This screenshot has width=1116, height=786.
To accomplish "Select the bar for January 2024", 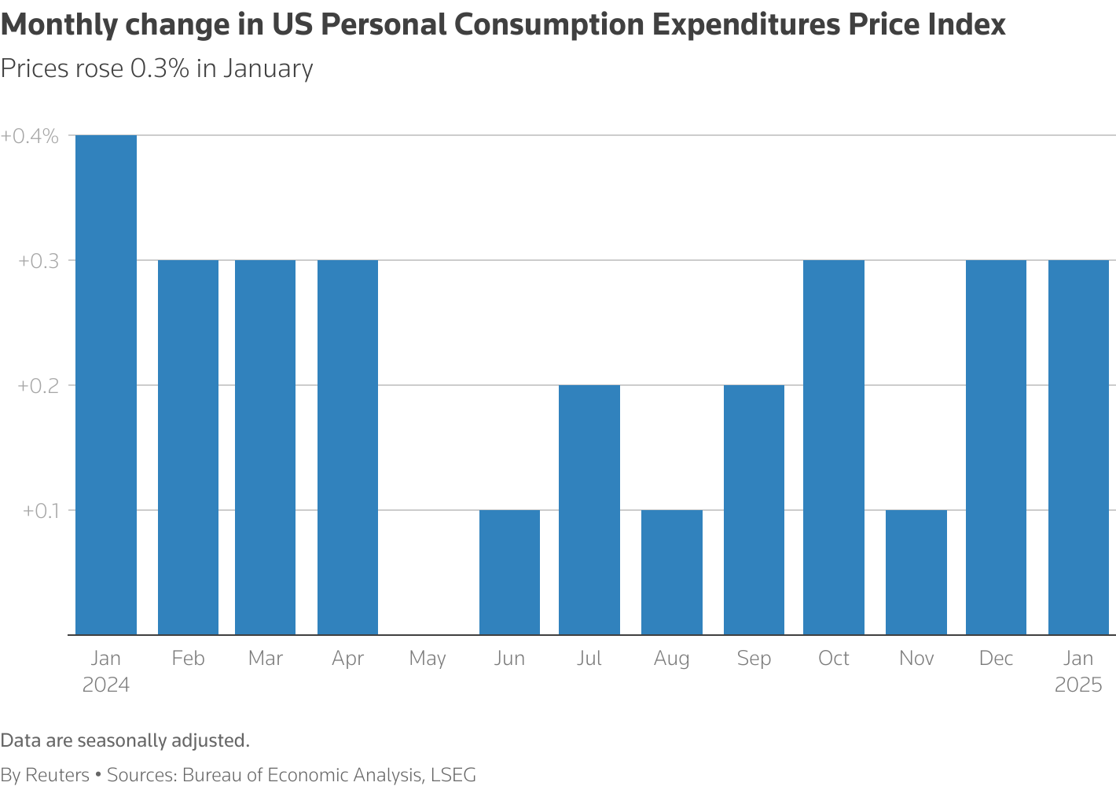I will coord(106,385).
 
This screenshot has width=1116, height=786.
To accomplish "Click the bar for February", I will coord(189,447).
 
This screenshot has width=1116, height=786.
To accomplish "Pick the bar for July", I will coord(589,510).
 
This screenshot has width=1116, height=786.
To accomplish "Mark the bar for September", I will coord(754,510).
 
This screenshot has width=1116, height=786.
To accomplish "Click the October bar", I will coord(834,447).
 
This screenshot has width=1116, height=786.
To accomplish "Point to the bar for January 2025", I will coord(1079,447).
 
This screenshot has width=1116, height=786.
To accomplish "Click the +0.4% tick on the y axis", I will coord(30,136).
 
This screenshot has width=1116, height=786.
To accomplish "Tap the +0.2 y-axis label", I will coord(39,386).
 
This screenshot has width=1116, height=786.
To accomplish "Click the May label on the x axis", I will coord(428,659).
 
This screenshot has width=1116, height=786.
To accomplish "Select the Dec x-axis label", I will coord(996,658).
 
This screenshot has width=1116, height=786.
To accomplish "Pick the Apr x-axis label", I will coord(347,659).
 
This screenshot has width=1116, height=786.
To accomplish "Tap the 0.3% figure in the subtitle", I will coord(160,68).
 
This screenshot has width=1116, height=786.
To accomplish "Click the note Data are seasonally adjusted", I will coord(125,740).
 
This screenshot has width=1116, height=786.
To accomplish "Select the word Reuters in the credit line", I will coord(57,775).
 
